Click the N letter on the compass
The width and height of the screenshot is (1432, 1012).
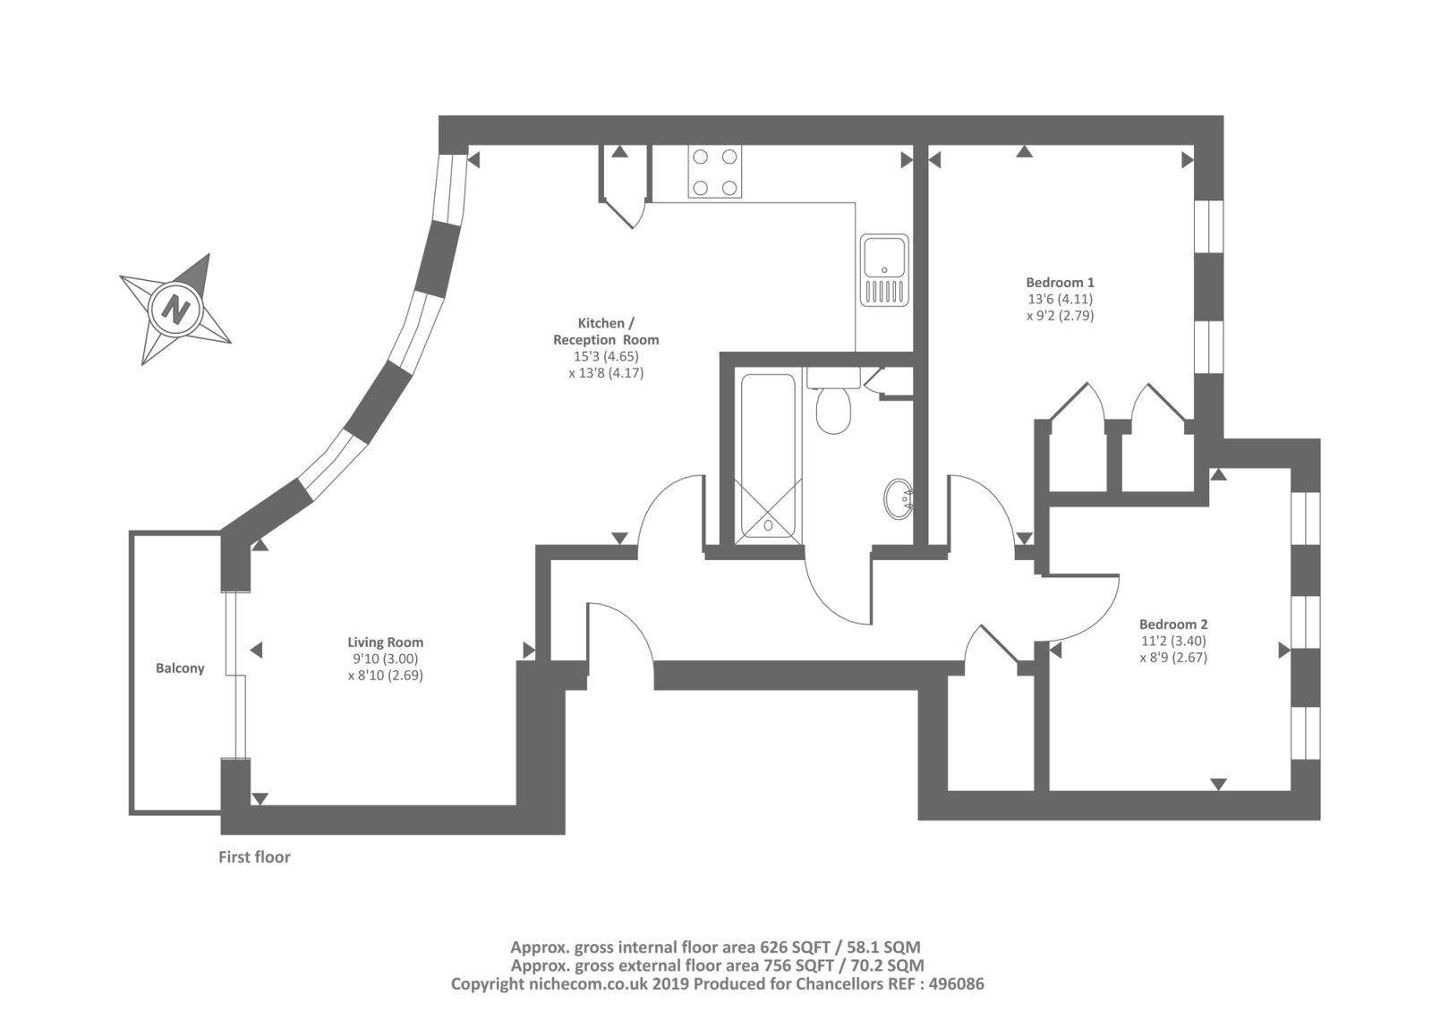tap(175, 310)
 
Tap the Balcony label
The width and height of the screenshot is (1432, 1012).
tap(180, 668)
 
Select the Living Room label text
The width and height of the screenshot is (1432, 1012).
tap(386, 642)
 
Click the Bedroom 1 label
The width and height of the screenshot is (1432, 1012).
tap(1061, 282)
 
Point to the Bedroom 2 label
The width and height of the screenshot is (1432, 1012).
tap(1173, 624)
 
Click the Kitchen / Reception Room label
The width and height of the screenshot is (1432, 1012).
tap(606, 331)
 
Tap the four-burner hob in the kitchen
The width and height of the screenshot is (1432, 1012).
tap(715, 171)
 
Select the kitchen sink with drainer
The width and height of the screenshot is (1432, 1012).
tap(884, 270)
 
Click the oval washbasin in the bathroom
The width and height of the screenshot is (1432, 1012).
tap(899, 499)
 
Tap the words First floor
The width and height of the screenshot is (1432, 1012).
tap(254, 857)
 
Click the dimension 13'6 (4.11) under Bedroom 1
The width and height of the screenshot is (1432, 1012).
tap(1061, 299)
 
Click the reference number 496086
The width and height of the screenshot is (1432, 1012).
tap(957, 984)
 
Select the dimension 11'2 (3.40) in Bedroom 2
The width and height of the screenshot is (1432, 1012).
tap(1173, 641)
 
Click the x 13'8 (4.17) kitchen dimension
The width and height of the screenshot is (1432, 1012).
tap(606, 372)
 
